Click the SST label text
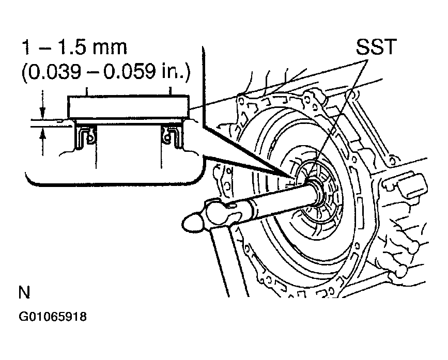pyautogui.click(x=376, y=48)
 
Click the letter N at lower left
pyautogui.click(x=24, y=293)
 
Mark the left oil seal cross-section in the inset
pyautogui.click(x=86, y=137)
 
